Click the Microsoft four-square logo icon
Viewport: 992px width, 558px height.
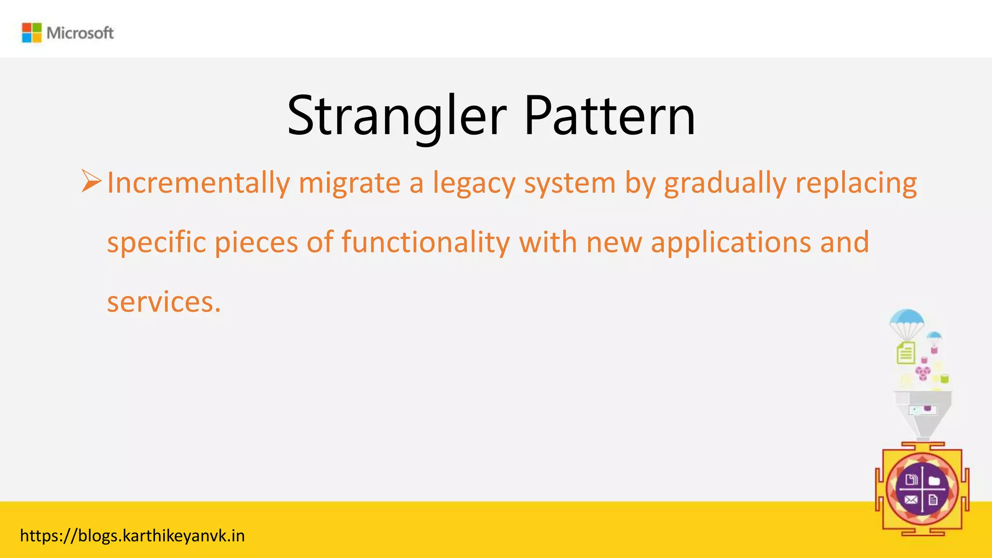[32, 33]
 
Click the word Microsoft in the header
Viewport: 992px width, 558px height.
[80, 33]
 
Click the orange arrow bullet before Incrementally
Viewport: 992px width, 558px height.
[91, 181]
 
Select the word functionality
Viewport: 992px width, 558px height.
[425, 242]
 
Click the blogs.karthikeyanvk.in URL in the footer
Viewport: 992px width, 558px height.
[132, 536]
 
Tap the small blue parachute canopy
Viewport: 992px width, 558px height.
[934, 336]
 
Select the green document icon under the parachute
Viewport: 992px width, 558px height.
[906, 353]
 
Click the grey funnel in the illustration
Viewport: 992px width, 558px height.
[923, 412]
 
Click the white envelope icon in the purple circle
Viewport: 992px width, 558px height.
[911, 500]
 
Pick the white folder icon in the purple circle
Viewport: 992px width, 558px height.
[934, 480]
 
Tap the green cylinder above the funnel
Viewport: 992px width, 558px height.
[944, 379]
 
